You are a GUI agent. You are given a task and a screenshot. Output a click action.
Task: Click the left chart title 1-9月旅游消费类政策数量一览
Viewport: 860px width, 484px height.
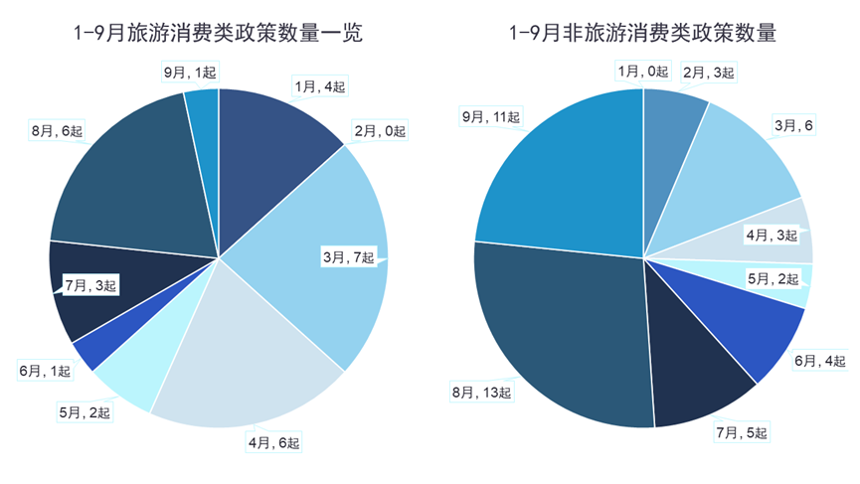[218, 34]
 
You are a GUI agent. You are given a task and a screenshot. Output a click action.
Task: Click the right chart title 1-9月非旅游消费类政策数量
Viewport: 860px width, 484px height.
[642, 34]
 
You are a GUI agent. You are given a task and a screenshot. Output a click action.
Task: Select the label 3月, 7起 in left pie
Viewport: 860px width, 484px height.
[348, 258]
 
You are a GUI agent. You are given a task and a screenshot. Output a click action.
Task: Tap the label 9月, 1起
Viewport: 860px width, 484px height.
[190, 72]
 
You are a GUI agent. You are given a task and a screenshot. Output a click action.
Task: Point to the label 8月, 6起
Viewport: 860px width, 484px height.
[59, 130]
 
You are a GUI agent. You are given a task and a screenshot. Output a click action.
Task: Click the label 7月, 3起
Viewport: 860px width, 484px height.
[90, 286]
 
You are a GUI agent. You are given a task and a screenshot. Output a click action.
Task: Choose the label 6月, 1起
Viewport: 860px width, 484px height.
[45, 371]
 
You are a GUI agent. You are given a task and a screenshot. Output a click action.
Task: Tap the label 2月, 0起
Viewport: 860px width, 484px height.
[380, 131]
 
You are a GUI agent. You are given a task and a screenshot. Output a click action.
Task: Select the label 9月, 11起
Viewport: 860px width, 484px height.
[490, 117]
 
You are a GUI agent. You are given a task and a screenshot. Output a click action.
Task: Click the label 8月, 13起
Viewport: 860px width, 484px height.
[481, 394]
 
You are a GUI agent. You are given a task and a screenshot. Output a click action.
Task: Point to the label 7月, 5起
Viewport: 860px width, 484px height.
[742, 432]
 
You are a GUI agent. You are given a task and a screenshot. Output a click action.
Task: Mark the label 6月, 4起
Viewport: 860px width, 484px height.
[819, 360]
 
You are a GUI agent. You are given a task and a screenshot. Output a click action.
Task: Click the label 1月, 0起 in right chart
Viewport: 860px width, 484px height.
[641, 71]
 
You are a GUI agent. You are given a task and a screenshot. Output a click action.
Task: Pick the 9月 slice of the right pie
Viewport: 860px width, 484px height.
[557, 179]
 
